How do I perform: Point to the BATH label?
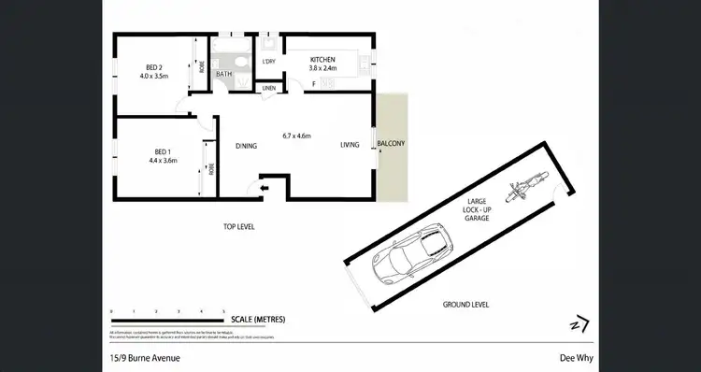point(224,74)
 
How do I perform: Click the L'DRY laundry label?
point(269,63)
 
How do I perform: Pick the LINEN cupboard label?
point(269,88)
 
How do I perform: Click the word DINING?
point(246,145)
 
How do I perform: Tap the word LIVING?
point(350,145)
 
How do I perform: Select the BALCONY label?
point(392,143)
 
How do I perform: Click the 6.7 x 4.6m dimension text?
point(296,136)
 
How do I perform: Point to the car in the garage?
point(411,256)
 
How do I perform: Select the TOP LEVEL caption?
point(238,226)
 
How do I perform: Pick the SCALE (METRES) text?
point(258,320)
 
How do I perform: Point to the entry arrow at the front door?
point(265,189)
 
